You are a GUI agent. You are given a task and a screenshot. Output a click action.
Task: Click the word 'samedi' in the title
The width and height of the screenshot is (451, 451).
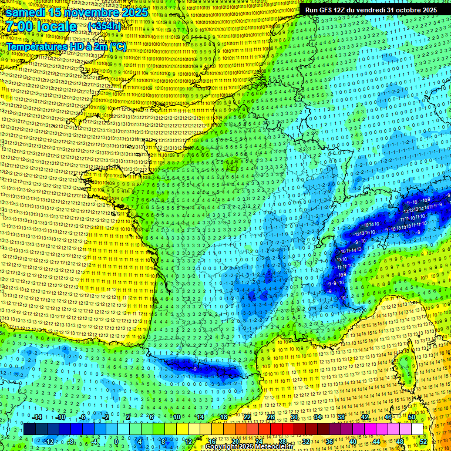pyautogui.click(x=28, y=12)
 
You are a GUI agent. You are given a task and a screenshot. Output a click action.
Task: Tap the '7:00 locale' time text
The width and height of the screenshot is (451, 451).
pyautogui.click(x=41, y=27)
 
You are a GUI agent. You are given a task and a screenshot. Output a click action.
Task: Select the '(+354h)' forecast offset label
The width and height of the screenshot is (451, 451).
pyautogui.click(x=104, y=26)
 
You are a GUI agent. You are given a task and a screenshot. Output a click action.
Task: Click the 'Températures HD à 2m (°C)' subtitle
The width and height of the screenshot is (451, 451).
pyautogui.click(x=66, y=46)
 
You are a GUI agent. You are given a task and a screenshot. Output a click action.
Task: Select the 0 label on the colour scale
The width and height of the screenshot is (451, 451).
pyautogui.click(x=116, y=442)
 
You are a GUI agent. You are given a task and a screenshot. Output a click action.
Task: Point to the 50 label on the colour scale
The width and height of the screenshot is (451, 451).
pyautogui.click(x=412, y=417)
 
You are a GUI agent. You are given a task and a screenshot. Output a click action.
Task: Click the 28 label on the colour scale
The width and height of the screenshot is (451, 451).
pyautogui.click(x=282, y=442)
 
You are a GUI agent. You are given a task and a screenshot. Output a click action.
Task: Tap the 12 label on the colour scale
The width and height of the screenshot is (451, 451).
pyautogui.click(x=188, y=442)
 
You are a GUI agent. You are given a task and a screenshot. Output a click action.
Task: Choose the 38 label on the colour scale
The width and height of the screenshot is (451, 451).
pyautogui.click(x=341, y=417)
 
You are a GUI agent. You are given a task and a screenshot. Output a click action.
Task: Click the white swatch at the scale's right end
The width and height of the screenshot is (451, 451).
pyautogui.click(x=417, y=429)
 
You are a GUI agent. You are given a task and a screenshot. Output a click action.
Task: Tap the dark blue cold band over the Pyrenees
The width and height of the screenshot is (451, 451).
pyautogui.click(x=200, y=368)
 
